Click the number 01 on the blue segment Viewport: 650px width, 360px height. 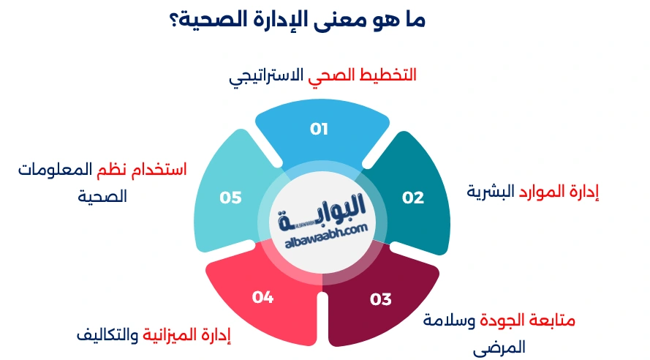click(x=319, y=130)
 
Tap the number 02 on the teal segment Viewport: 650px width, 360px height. click(x=413, y=197)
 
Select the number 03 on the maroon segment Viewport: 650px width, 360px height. click(x=381, y=299)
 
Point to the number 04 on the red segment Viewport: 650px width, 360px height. click(x=262, y=296)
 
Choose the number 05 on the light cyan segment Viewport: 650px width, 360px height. click(x=230, y=198)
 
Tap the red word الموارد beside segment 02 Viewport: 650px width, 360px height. click(x=541, y=192)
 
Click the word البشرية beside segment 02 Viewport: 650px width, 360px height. click(x=490, y=192)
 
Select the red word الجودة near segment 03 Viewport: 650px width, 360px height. click(x=510, y=320)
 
